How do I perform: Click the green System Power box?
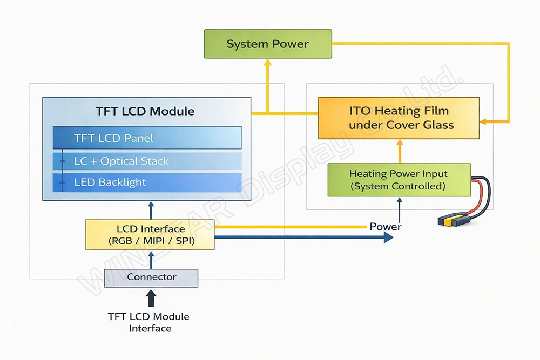267,44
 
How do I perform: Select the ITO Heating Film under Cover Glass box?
399,118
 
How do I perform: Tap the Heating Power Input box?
399,180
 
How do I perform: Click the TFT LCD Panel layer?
147,138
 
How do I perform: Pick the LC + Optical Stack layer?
147,161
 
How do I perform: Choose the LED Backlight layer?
147,182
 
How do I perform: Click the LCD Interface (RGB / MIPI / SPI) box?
150,235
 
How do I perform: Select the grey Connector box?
151,277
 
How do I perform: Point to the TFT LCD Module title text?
145,111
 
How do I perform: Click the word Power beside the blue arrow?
385,226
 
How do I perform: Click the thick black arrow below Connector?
151,298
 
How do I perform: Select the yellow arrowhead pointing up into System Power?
267,63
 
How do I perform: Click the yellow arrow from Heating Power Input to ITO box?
399,152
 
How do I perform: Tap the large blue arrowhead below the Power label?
387,237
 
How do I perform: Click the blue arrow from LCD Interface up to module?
151,210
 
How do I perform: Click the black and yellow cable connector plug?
451,220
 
